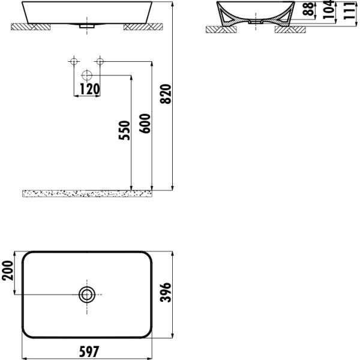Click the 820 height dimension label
pos(167,94)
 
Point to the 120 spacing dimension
pos(88,89)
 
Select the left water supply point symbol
pos(74,61)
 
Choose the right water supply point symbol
pos(100,61)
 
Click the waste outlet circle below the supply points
pos(86,76)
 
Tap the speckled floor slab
pos(90,193)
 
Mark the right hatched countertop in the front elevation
pos(143,27)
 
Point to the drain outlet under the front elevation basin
pos(87,26)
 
